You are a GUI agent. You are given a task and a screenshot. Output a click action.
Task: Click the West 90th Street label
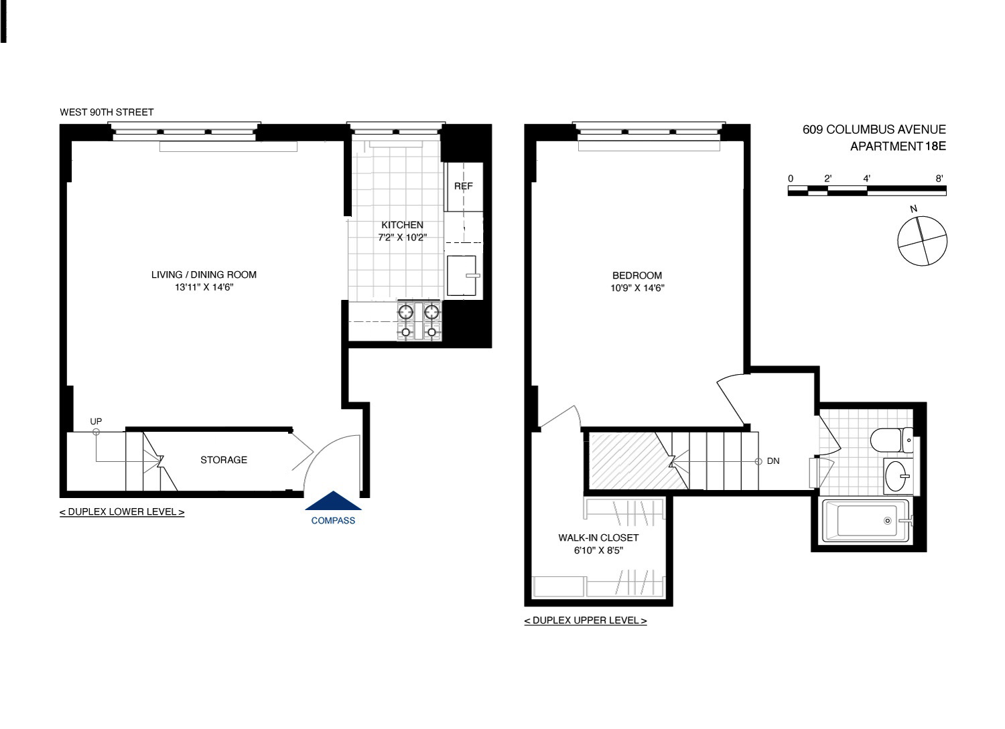107,112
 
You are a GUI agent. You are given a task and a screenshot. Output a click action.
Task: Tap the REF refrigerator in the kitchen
464,186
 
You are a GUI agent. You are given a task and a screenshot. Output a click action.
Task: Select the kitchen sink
462,275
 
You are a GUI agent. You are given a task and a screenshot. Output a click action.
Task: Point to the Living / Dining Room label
204,274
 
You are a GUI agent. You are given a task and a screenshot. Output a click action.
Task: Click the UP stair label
96,421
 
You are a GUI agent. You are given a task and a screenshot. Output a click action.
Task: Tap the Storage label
224,460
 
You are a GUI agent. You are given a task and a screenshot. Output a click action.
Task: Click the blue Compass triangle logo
333,502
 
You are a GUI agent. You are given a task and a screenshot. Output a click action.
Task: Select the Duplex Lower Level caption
122,512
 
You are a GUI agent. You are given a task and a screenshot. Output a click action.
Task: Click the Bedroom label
636,275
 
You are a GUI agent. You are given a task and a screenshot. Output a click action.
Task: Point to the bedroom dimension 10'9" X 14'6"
636,289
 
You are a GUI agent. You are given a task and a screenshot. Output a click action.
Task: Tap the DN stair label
773,461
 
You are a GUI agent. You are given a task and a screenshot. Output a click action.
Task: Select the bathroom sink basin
896,477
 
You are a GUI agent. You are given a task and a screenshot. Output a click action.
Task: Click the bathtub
866,521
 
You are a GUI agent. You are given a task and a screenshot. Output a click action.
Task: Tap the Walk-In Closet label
598,538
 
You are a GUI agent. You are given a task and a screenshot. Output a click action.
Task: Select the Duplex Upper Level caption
586,621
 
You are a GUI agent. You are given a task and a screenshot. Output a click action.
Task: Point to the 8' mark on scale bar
939,179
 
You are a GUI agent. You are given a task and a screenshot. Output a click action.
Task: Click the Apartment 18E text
897,147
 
